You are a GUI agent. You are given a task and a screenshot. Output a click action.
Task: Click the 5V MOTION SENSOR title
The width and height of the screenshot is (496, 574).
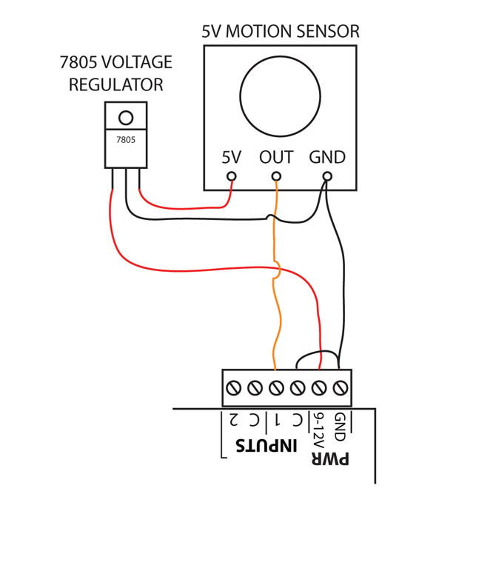[x=281, y=32]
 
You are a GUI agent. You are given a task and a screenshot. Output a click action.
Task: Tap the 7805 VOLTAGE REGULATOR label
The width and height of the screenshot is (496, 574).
[x=116, y=73]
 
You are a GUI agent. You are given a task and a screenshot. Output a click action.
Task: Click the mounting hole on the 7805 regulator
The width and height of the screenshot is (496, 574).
[x=126, y=118]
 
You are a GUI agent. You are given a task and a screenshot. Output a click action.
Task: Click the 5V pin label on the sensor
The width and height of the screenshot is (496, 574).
[x=232, y=158]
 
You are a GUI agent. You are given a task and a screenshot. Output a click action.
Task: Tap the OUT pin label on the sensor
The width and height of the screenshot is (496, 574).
[x=276, y=158]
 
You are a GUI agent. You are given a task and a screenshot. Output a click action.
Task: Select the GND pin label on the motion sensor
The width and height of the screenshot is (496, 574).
[x=327, y=158]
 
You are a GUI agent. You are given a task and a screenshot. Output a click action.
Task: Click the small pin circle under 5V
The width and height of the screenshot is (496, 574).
[x=231, y=176]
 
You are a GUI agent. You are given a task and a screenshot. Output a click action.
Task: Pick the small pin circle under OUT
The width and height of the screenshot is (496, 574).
[x=276, y=176]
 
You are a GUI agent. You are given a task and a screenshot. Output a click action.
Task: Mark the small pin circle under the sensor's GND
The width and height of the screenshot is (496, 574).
[x=327, y=176]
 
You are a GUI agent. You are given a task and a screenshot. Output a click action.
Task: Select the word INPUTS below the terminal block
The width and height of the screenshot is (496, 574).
[x=266, y=445]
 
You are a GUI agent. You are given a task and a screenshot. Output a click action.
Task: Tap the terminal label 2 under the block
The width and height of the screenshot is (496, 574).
[x=234, y=420]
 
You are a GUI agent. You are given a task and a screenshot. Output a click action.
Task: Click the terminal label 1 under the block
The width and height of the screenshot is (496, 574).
[x=277, y=420]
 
